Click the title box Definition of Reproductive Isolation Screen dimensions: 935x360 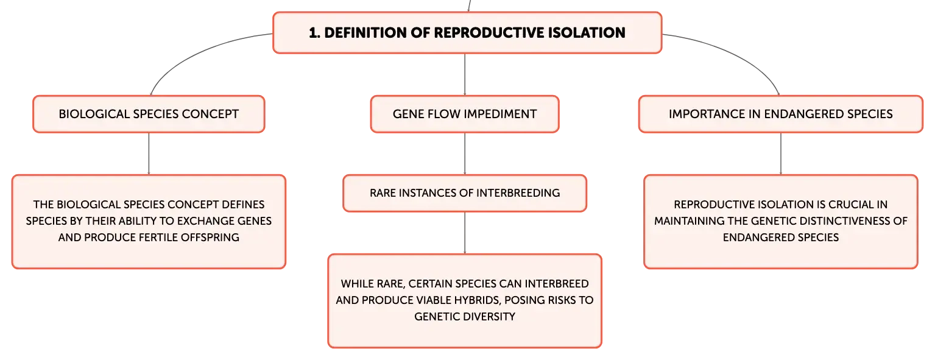[x=467, y=32]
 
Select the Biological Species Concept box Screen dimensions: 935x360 [x=149, y=114]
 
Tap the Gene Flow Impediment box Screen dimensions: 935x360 [x=465, y=114]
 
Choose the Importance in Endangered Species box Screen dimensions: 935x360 [x=780, y=114]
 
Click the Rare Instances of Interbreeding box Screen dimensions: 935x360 [x=465, y=193]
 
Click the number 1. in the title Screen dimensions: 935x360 [x=314, y=32]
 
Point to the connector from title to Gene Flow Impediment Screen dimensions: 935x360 [x=465, y=74]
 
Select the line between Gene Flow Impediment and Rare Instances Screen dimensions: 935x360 [x=465, y=154]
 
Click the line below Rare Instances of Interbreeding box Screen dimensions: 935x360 [x=465, y=233]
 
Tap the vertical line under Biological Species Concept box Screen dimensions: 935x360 [x=149, y=154]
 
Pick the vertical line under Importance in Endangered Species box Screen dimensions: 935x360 [x=780, y=154]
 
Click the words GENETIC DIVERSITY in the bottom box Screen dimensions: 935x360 [x=465, y=317]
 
